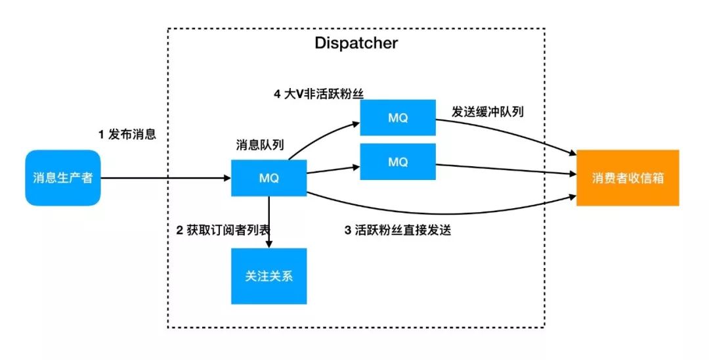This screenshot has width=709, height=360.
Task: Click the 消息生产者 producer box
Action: coord(63,177)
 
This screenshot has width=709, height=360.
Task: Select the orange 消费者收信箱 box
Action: coord(628,177)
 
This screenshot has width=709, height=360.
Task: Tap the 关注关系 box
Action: coord(269,276)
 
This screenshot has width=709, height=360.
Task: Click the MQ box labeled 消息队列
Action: coord(269,177)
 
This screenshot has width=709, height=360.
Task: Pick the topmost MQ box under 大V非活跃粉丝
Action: coord(398,118)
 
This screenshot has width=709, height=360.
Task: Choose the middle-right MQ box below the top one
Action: coord(398,162)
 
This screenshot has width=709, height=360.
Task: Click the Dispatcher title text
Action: coord(356,44)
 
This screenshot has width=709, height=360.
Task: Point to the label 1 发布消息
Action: coord(128,135)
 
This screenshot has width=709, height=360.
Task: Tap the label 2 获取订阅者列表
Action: coord(224,231)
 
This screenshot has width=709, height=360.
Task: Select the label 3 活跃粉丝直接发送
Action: coord(398,231)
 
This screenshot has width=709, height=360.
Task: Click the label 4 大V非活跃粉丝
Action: coord(318,93)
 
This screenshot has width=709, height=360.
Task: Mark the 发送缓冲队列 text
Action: coord(487,112)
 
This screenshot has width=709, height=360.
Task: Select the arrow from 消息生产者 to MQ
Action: coord(164,177)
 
